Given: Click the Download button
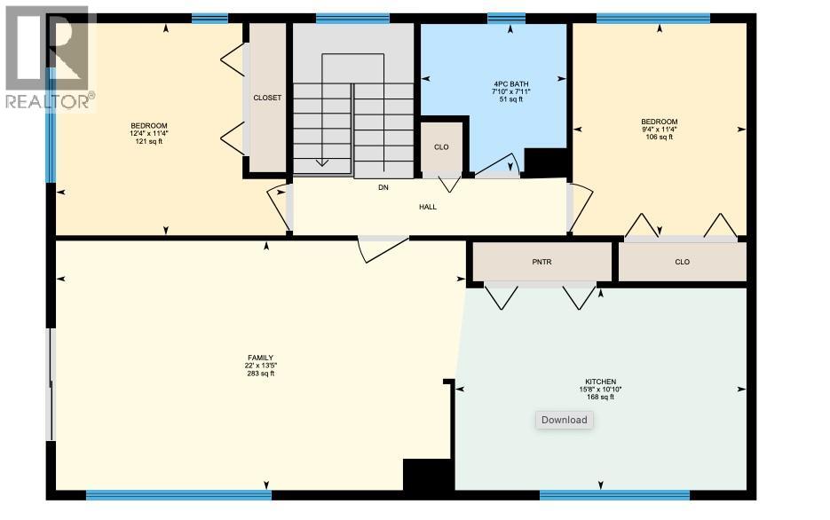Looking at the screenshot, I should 564,420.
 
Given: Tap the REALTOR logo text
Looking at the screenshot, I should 49,101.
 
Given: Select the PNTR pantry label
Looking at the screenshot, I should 541,262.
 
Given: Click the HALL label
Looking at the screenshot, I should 428,207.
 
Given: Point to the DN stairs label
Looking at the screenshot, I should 383,187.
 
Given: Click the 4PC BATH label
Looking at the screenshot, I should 510,84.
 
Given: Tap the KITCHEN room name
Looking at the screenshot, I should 600,382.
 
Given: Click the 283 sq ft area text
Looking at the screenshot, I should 260,374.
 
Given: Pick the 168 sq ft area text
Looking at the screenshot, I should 600,397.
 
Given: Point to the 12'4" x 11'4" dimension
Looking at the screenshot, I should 148,133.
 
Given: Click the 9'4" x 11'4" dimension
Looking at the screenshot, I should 659,130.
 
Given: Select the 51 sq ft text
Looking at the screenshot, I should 510,99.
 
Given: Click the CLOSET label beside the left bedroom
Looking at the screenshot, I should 267,98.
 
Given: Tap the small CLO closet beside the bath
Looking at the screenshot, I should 441,147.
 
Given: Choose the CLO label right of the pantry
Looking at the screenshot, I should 682,262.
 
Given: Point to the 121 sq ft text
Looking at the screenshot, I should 148,141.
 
